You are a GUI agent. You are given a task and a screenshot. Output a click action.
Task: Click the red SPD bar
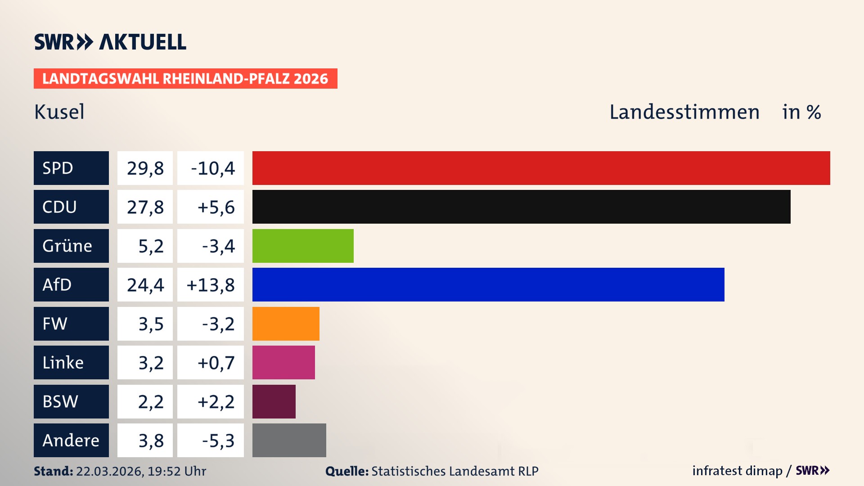541,168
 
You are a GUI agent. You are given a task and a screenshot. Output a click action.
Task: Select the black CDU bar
521,207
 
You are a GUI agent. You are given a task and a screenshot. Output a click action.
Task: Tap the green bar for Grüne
303,246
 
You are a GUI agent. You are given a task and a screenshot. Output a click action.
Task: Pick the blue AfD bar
488,284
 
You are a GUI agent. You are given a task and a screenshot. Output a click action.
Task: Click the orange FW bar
286,324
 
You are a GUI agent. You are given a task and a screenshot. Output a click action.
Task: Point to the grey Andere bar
289,440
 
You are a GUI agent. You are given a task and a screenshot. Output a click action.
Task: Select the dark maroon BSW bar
274,401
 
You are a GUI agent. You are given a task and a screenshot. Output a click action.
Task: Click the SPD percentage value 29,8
145,168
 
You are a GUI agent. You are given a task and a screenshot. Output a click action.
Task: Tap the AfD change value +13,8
211,285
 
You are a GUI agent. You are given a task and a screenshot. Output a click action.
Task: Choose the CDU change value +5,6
216,207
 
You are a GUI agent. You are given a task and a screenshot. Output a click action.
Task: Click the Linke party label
63,363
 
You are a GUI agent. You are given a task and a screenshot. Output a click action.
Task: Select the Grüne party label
67,246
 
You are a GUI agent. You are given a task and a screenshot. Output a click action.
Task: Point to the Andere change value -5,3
218,441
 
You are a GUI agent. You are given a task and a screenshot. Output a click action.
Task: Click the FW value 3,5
151,324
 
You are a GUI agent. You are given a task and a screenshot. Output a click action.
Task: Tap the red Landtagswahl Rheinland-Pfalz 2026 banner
185,79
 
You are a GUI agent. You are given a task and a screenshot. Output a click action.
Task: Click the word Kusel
59,112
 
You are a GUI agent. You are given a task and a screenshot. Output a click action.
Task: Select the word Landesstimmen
684,112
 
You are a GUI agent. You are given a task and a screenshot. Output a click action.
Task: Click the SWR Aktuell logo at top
110,42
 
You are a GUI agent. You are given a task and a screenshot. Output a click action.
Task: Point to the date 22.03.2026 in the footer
109,471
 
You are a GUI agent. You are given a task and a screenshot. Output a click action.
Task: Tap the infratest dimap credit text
737,471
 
